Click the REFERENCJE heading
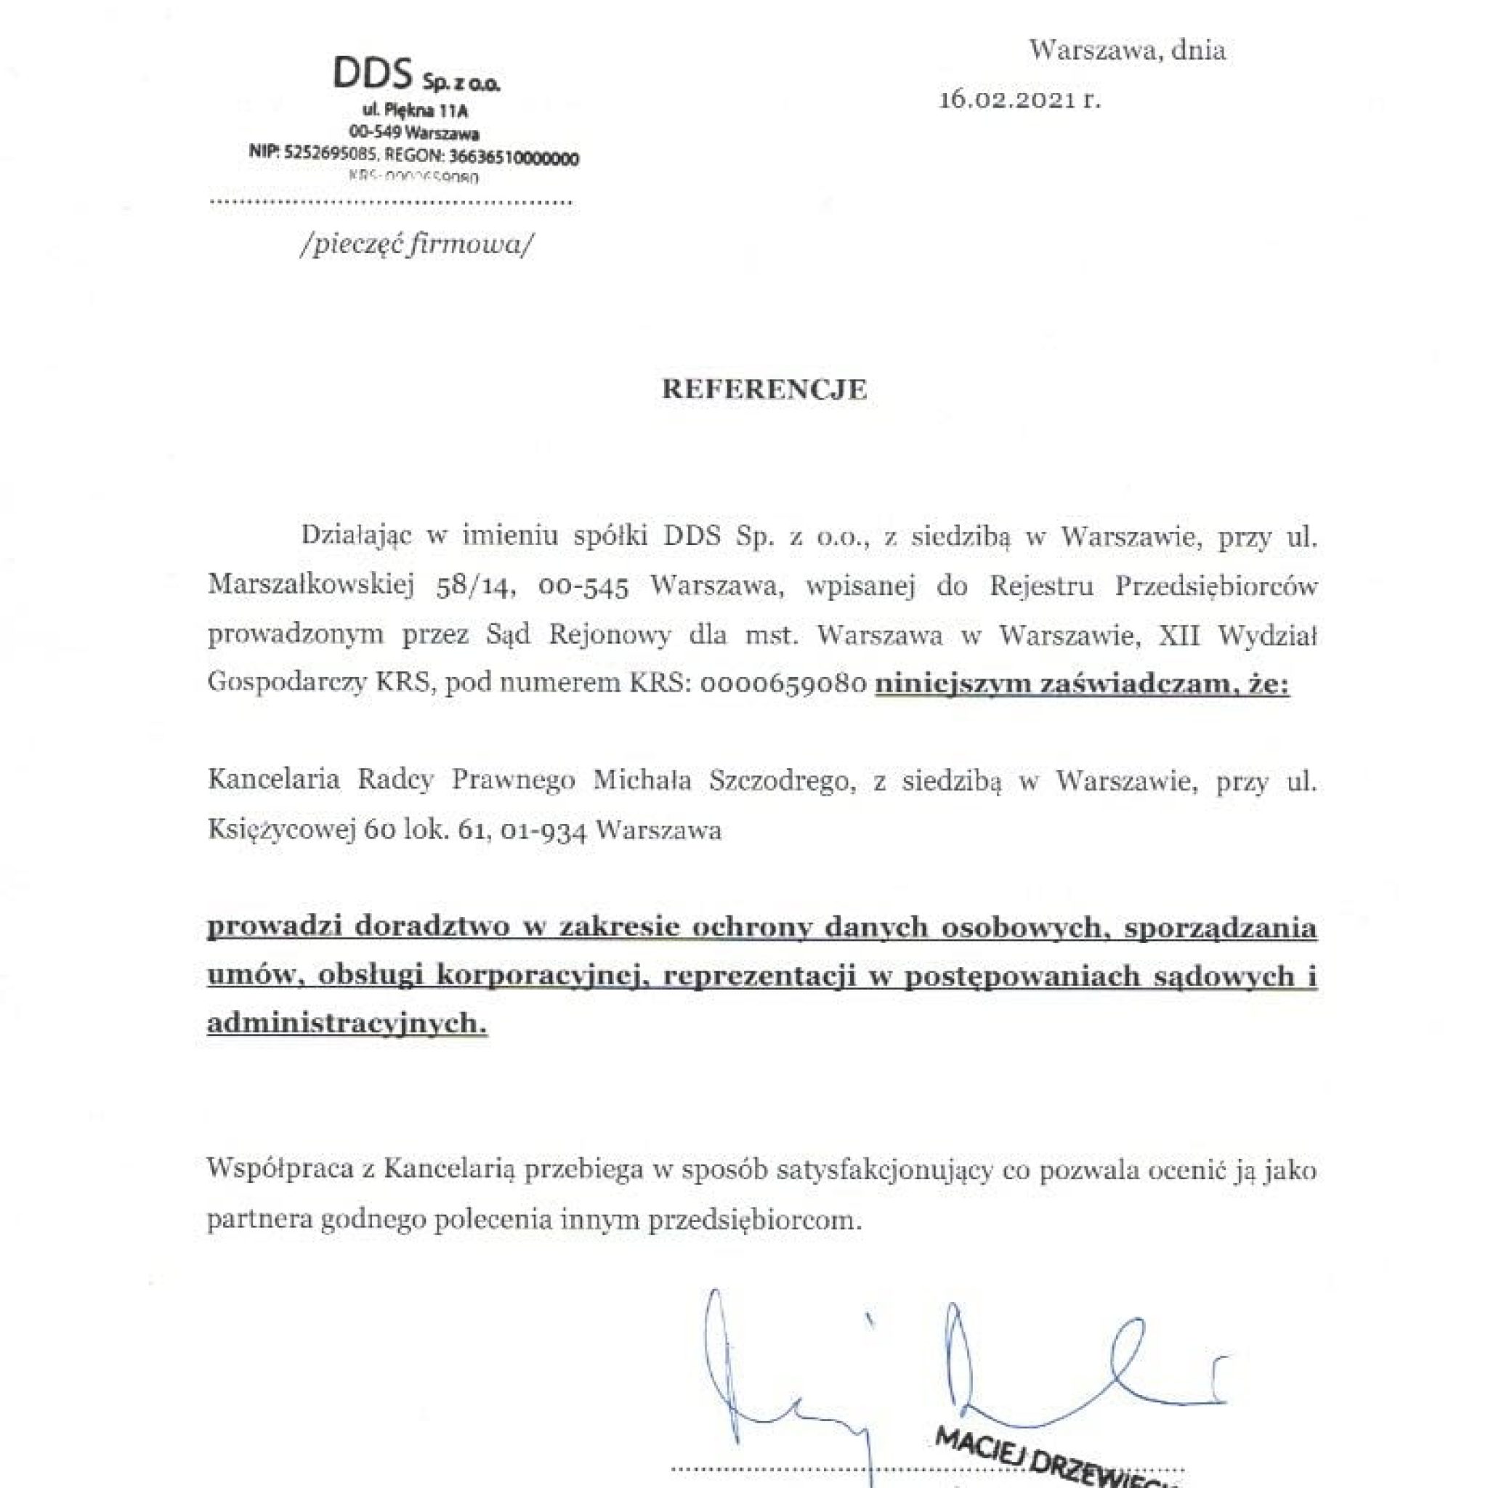pyautogui.click(x=764, y=389)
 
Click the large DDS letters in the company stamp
pyautogui.click(x=372, y=74)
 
